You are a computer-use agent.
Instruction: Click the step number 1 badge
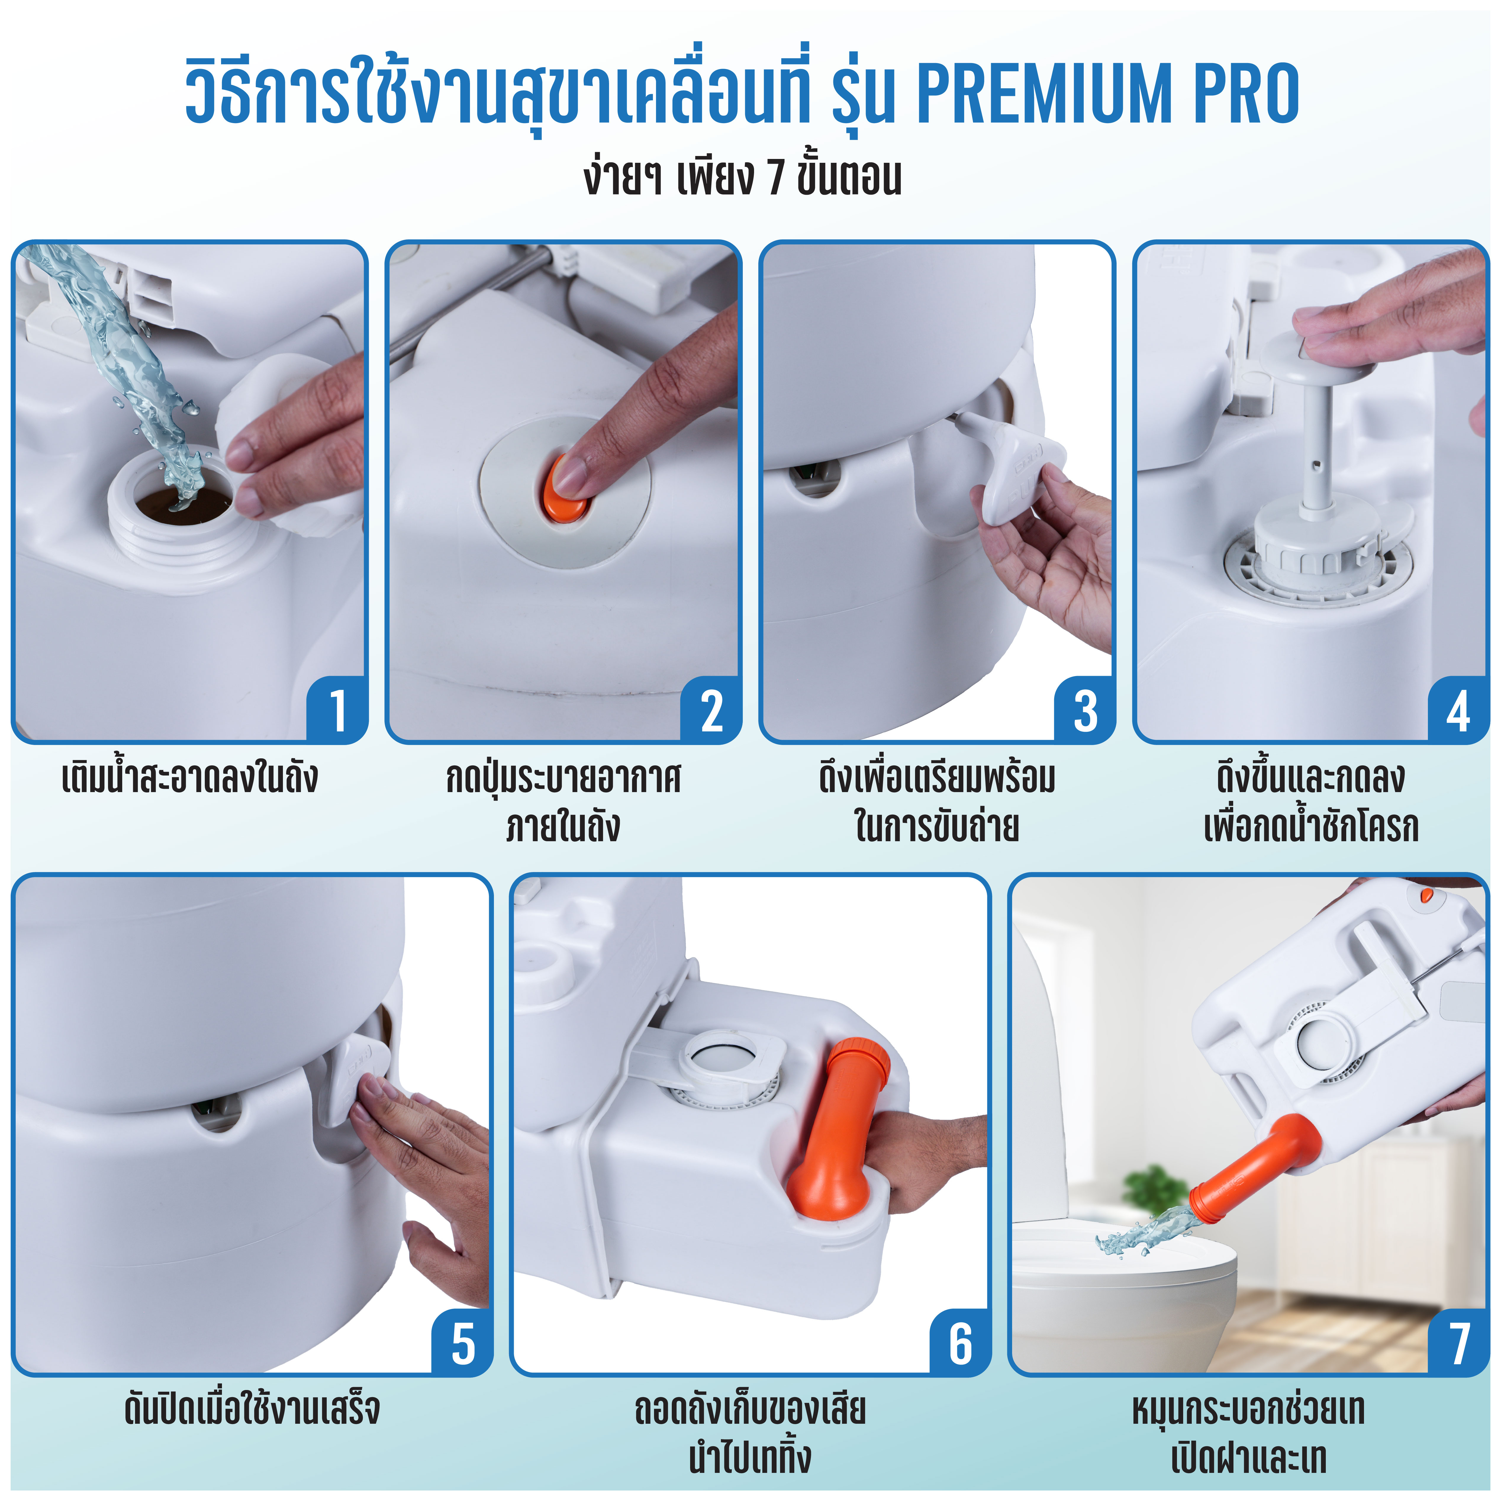point(336,709)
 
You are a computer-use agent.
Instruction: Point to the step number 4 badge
point(1458,709)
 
